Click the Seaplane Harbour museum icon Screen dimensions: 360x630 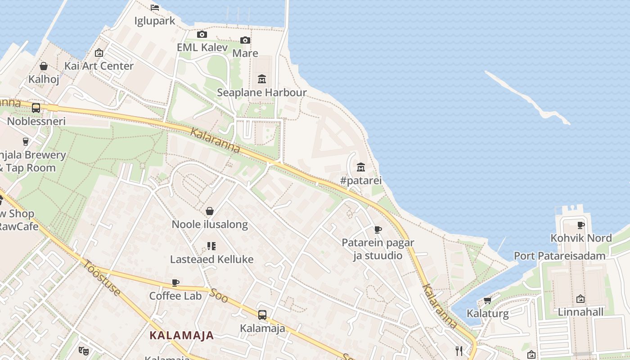point(261,80)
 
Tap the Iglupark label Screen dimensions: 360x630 point(155,21)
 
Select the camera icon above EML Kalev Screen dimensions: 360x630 point(202,35)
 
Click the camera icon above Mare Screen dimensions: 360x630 point(245,40)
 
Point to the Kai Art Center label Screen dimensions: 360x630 point(99,66)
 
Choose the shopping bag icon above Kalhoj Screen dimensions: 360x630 point(44,67)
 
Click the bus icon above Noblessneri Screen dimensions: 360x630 point(36,108)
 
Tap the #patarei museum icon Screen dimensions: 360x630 point(360,167)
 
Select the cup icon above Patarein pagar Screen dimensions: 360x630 point(378,230)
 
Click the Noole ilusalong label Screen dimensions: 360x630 point(210,225)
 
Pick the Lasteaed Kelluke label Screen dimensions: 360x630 point(211,259)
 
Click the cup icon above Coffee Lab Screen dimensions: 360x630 point(175,283)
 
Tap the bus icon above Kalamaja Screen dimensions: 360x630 point(262,315)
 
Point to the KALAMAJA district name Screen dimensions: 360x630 point(181,335)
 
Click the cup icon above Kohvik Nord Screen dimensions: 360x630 point(581,225)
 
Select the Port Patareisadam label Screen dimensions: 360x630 point(559,256)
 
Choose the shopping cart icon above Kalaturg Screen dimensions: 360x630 point(487,300)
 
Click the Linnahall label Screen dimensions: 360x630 point(580,312)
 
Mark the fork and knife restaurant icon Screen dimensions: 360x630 point(459,351)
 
